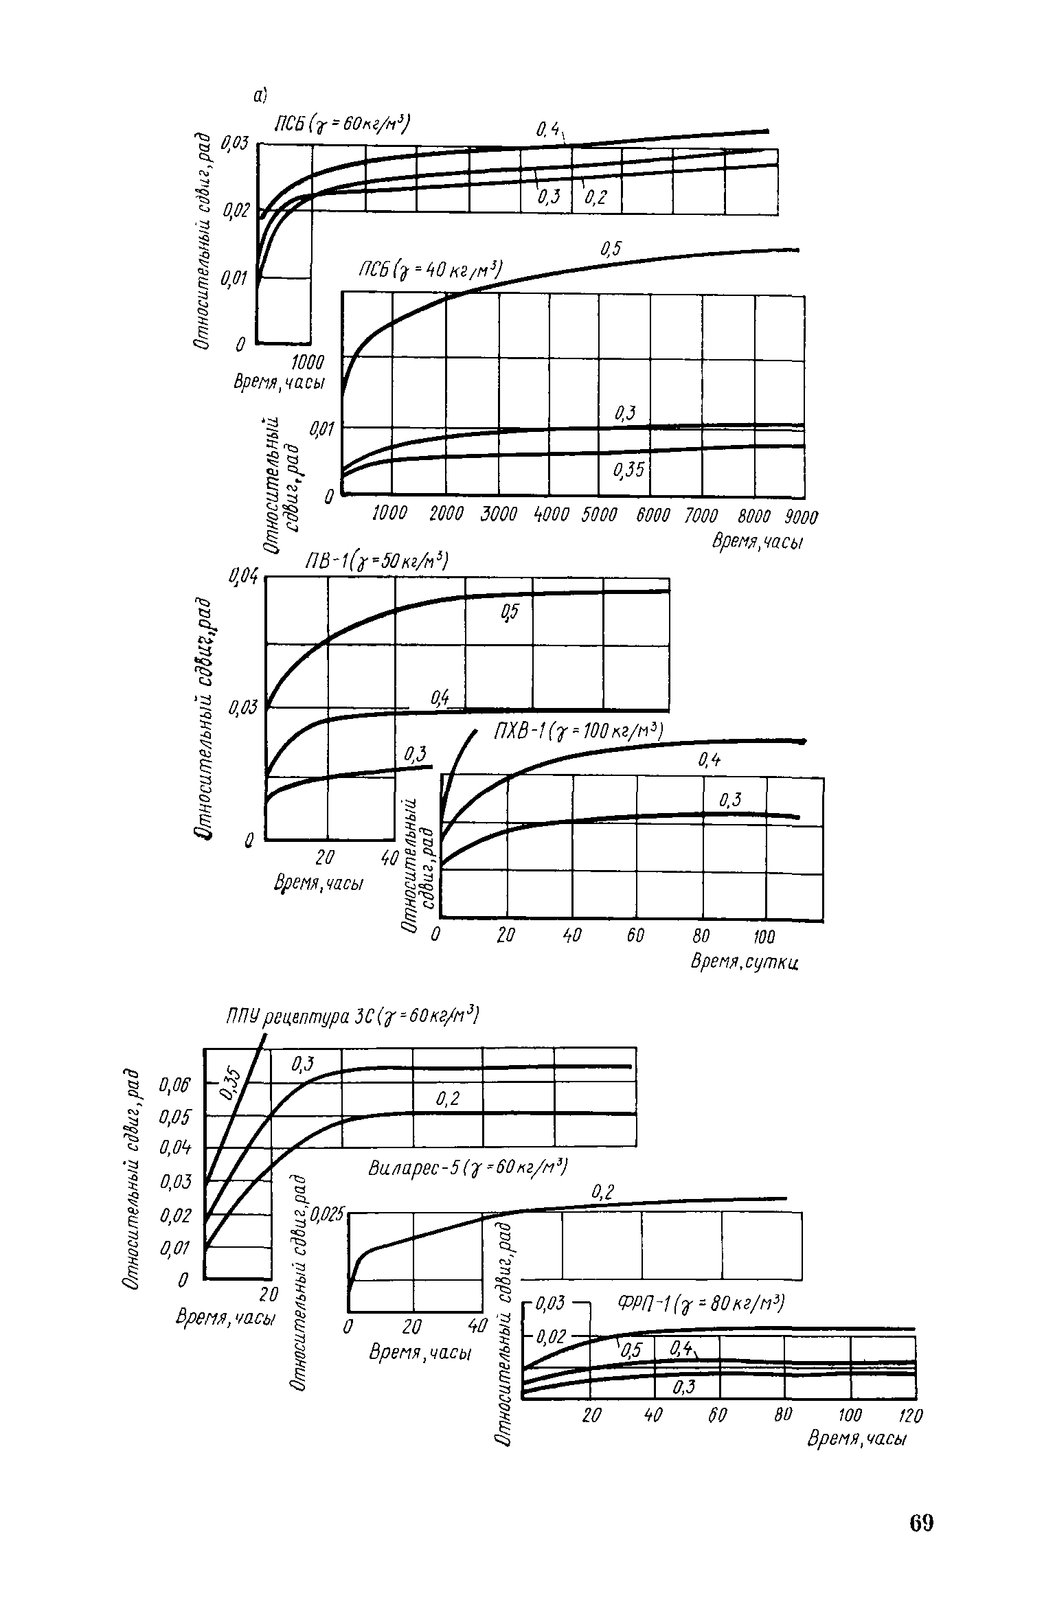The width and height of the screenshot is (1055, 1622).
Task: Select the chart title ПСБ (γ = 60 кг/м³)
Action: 341,124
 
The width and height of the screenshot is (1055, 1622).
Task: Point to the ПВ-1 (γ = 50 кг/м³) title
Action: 376,562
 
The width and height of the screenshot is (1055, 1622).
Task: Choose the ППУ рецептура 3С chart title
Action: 352,1016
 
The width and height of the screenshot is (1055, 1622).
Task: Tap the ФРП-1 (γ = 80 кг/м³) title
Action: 701,1303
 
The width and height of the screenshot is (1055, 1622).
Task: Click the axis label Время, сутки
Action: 746,962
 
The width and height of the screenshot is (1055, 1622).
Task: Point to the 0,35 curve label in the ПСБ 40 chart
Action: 627,470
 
